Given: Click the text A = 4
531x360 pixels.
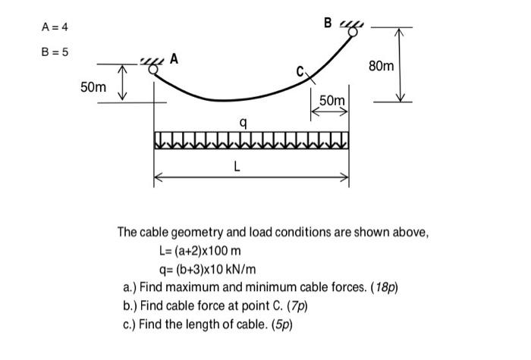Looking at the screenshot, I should [55, 28].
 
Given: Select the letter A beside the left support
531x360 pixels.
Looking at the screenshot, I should [175, 58].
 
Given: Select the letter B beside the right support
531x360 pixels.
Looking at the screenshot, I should [328, 22].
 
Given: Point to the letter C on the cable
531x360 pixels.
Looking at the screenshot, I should [301, 72].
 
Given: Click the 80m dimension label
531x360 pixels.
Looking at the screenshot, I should [381, 67].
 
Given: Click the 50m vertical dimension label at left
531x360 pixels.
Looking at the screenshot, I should [93, 88].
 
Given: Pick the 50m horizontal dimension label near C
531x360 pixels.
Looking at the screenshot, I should [331, 101].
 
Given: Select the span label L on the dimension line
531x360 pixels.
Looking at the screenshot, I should [238, 168].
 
